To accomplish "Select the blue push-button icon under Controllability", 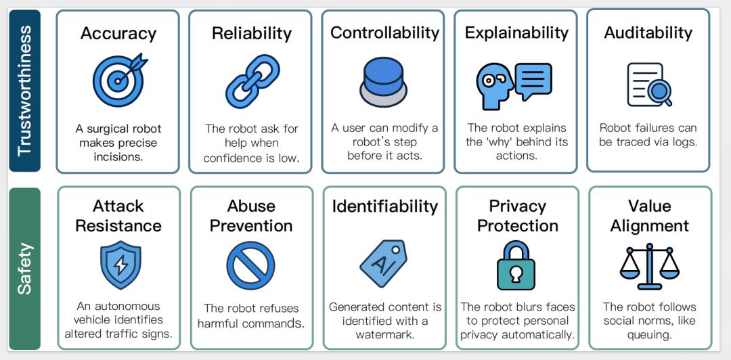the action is (383, 82).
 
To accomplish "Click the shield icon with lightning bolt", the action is (120, 265).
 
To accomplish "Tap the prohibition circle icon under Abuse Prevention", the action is (251, 265).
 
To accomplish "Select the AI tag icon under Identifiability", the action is (383, 263).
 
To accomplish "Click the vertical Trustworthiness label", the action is (24, 91).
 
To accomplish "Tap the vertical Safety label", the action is (24, 268).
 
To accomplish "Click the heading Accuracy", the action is (118, 34).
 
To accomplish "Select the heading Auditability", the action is (648, 32).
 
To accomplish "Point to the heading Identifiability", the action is (384, 206).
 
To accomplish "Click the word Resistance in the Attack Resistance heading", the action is (118, 226).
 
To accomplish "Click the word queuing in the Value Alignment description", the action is (648, 335).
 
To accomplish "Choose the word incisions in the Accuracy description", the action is (118, 156).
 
